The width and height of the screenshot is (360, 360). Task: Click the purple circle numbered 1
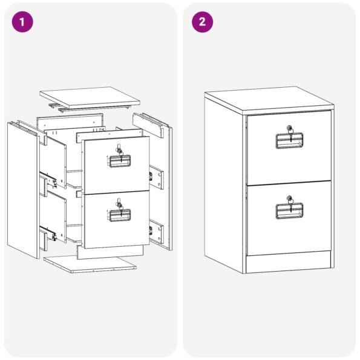pyautogui.click(x=22, y=22)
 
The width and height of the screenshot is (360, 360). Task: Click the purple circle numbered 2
pyautogui.click(x=202, y=22)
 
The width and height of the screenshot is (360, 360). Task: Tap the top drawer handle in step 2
pyautogui.click(x=289, y=140)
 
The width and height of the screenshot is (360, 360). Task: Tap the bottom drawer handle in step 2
pyautogui.click(x=289, y=211)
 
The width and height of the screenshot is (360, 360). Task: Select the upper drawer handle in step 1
pyautogui.click(x=119, y=161)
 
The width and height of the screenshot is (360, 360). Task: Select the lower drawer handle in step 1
pyautogui.click(x=119, y=215)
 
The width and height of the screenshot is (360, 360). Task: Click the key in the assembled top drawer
pyautogui.click(x=290, y=134)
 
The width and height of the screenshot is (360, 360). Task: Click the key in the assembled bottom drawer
pyautogui.click(x=290, y=204)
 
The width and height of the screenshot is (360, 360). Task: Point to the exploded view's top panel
pyautogui.click(x=90, y=97)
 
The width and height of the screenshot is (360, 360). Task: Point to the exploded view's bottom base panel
pyautogui.click(x=90, y=265)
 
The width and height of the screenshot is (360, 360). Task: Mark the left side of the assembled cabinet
pyautogui.click(x=224, y=184)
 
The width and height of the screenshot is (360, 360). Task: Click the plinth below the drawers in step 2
pyautogui.click(x=289, y=263)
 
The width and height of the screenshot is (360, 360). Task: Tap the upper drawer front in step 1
pyautogui.click(x=117, y=165)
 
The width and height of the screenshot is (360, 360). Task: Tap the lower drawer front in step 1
pyautogui.click(x=117, y=220)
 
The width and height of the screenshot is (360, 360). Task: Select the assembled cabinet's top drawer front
pyautogui.click(x=289, y=148)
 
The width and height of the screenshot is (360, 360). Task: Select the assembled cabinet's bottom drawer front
pyautogui.click(x=289, y=218)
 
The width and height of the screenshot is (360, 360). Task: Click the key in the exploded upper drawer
pyautogui.click(x=120, y=154)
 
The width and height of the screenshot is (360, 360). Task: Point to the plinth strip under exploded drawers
pyautogui.click(x=110, y=252)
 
